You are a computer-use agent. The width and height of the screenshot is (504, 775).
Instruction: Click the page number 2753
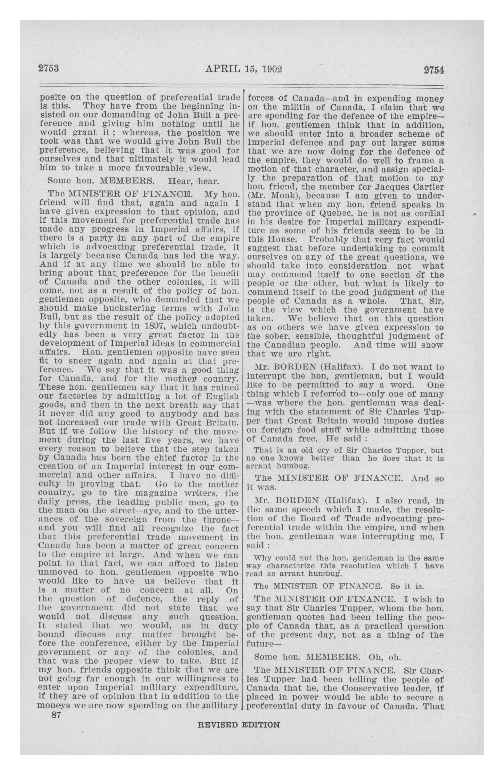pyautogui.click(x=48, y=69)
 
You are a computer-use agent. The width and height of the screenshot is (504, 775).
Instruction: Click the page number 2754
pyautogui.click(x=434, y=70)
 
